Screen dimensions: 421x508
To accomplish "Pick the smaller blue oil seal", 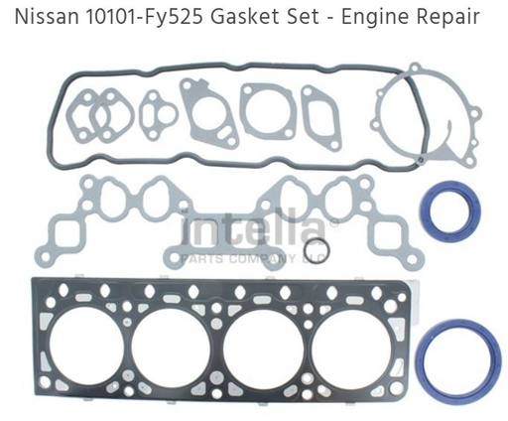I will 449,210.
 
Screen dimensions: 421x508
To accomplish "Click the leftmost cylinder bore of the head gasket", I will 82,350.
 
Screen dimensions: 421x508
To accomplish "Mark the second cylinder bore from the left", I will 171,350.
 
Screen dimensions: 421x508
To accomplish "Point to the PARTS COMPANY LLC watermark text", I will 252,258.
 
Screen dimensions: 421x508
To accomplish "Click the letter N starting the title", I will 18,17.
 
